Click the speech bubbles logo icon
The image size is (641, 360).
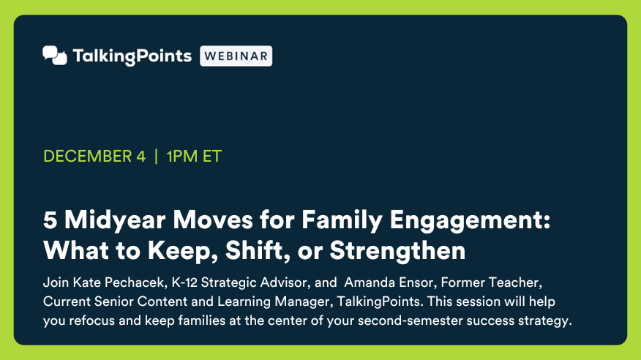pos(55,55)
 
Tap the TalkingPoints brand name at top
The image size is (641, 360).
pos(132,56)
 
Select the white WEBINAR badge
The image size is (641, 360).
pos(236,56)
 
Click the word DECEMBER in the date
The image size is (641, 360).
pos(88,156)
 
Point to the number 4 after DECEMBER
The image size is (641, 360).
pos(141,156)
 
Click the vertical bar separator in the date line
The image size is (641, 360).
pos(156,156)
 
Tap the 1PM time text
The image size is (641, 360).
pos(182,156)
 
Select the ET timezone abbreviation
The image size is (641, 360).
pos(212,156)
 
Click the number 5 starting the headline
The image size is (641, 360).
pos(50,220)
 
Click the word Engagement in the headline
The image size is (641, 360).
pos(470,221)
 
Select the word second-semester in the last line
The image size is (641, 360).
pos(410,320)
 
